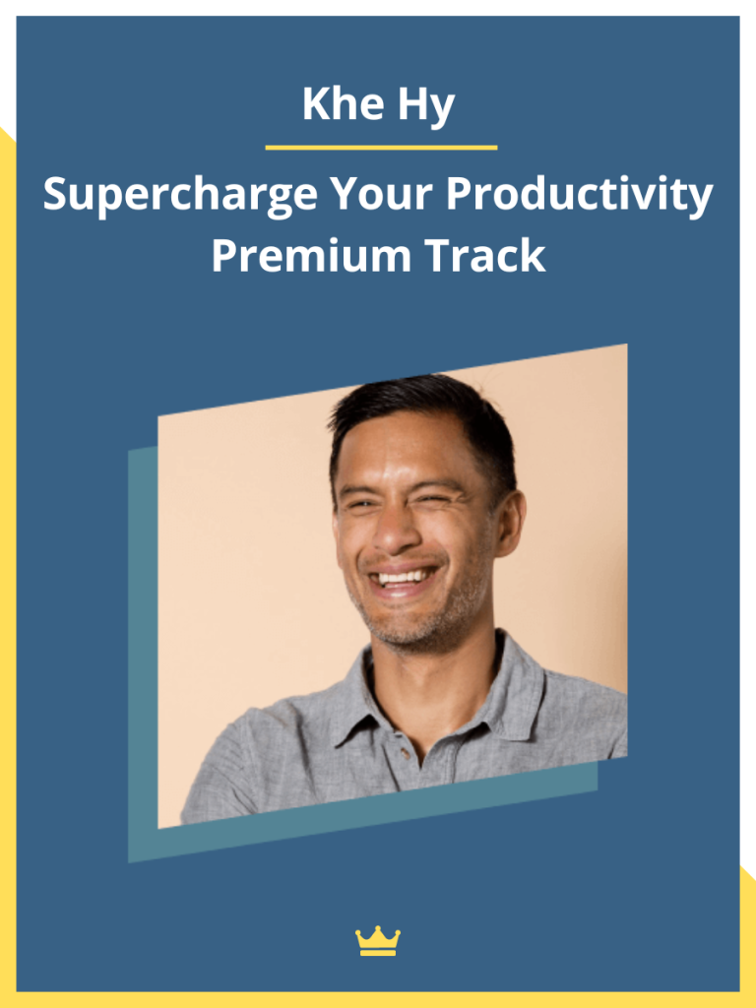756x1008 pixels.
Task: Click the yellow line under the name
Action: [381, 148]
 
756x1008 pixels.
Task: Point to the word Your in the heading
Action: [382, 193]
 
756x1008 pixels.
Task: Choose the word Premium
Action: [311, 255]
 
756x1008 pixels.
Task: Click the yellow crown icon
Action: [378, 941]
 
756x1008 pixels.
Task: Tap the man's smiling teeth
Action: [403, 577]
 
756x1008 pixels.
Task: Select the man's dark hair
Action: [425, 423]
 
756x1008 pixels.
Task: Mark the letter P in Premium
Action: [224, 255]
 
